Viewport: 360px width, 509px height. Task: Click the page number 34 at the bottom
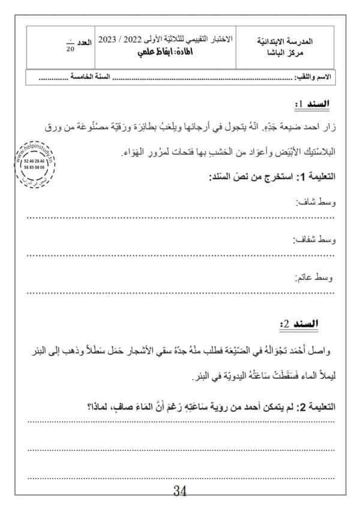pos(180,492)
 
